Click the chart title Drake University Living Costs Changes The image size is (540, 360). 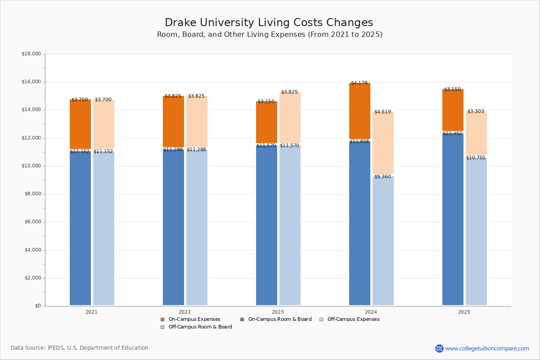point(269,23)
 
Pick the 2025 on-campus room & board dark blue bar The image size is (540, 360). point(453,220)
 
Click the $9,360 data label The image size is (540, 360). point(382,177)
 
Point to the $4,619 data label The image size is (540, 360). point(382,112)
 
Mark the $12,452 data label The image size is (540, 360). point(452,134)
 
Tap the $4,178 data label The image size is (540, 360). point(359,83)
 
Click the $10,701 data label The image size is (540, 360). point(476,158)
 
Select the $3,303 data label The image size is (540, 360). point(476,112)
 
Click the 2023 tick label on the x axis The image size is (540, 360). point(278,312)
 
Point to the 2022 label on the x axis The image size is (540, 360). point(184,312)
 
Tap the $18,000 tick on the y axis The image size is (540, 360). point(31,54)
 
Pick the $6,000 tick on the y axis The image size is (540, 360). point(32,222)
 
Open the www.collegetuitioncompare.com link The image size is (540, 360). point(487,348)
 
